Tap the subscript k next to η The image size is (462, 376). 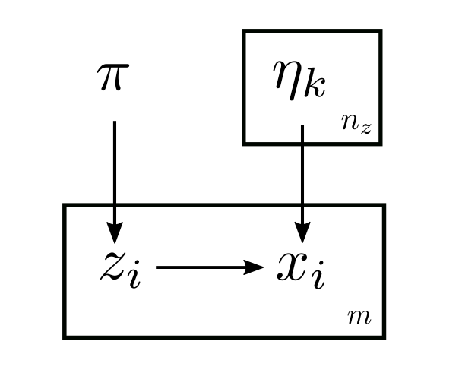[x=315, y=86]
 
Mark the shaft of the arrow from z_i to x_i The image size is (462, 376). [x=198, y=267]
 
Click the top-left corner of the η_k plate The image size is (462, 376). [x=244, y=32]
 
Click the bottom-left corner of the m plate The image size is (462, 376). [x=65, y=335]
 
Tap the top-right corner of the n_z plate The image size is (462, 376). [x=380, y=32]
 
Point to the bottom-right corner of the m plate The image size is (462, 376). [x=384, y=335]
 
